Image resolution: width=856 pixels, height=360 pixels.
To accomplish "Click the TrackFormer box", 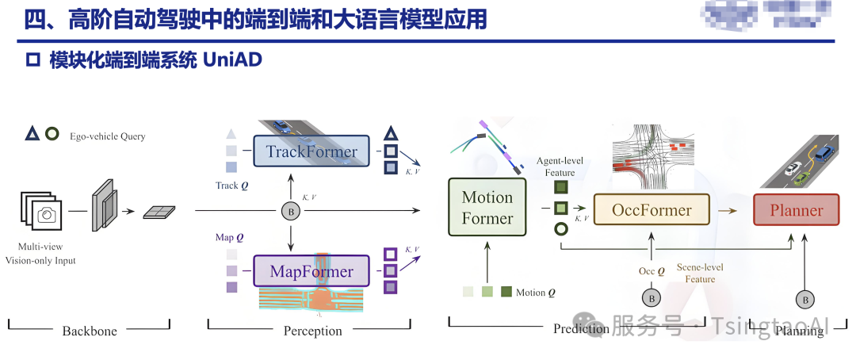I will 311,151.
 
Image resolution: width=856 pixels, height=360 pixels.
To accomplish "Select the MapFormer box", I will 311,271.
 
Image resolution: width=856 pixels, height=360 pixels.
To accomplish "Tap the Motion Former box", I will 487,207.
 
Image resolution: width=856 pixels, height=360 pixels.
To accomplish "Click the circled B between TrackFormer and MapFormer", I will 291,211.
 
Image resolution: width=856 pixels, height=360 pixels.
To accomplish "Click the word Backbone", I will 90,331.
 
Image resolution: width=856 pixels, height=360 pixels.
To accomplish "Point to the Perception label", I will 312,331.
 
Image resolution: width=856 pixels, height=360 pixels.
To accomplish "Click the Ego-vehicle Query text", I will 110,136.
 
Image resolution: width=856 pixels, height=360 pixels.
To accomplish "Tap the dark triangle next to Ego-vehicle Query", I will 32,134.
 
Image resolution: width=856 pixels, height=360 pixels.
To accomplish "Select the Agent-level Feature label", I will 560,167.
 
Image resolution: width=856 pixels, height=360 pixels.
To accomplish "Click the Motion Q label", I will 536,293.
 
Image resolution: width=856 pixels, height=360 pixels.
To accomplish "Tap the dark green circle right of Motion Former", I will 561,229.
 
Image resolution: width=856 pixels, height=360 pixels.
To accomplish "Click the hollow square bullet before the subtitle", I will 32,60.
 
